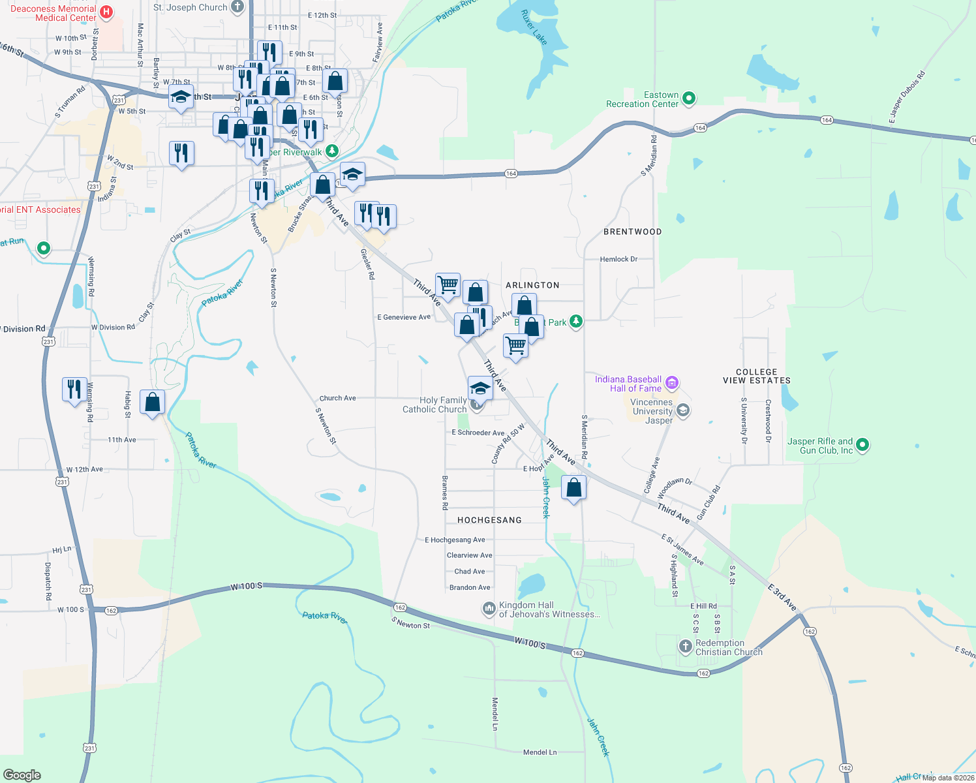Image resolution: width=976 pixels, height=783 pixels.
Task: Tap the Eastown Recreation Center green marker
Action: coord(689,99)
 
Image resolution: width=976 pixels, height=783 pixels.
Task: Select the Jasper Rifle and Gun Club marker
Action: coord(862,446)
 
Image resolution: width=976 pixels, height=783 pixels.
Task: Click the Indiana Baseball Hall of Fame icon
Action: coord(673,383)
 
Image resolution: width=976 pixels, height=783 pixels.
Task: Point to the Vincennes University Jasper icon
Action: coord(683,410)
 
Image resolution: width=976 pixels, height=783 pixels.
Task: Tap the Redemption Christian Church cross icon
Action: coord(685,647)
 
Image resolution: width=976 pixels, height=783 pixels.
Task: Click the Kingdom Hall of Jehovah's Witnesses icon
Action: coord(489,609)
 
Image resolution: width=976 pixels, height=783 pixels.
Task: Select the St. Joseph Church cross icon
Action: coord(237,8)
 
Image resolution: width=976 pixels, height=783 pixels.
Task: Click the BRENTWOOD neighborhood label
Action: coord(632,232)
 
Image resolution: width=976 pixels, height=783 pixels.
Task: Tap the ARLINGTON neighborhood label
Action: coord(532,285)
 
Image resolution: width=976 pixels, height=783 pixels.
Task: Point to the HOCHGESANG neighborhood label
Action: coord(489,520)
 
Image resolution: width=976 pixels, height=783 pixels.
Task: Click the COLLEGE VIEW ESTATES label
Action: coord(757,376)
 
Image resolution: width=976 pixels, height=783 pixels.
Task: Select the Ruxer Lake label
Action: coord(534,27)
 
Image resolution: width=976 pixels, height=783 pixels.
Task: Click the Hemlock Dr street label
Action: coord(618,259)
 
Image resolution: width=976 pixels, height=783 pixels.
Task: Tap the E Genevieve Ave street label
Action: coord(404,317)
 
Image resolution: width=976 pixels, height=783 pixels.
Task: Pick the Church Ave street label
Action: coord(337,398)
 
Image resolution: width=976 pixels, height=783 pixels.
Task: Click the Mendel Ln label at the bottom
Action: coord(540,752)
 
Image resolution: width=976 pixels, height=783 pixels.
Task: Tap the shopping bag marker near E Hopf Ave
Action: coord(574,488)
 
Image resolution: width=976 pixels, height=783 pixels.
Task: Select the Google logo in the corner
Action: coord(22,775)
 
